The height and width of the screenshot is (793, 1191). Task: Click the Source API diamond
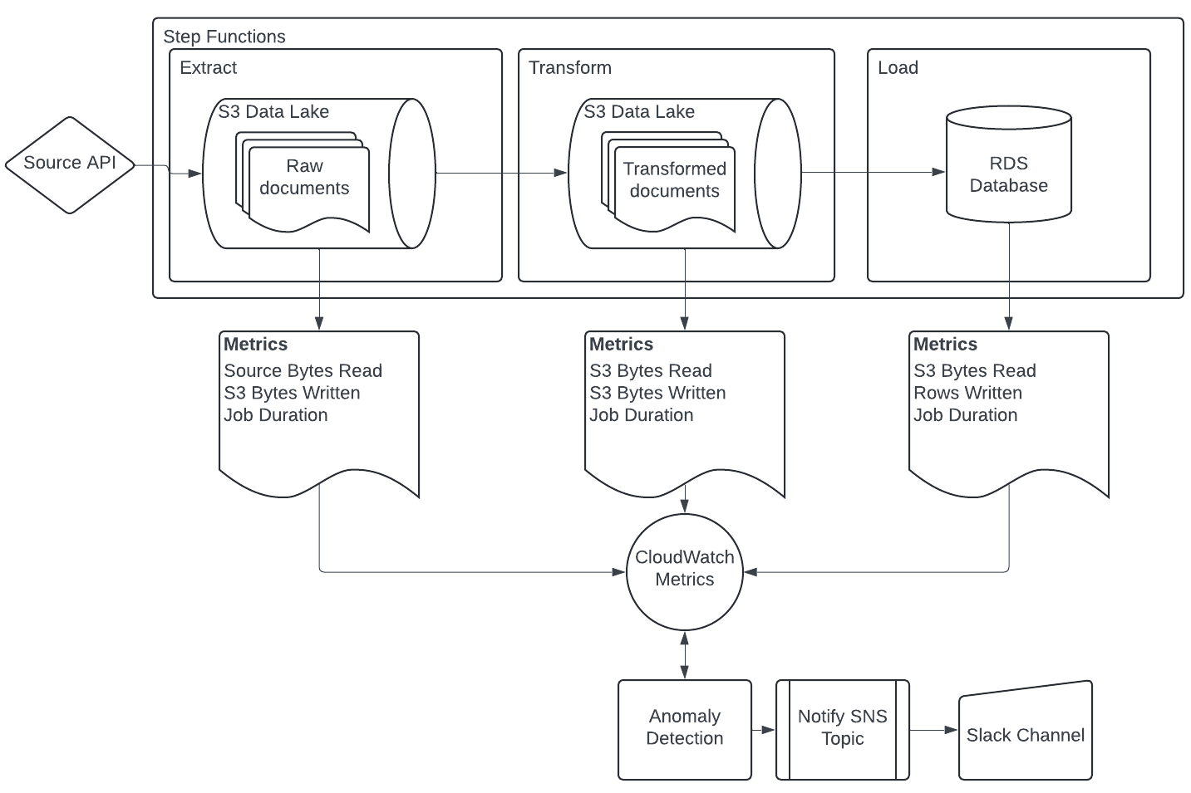[70, 165]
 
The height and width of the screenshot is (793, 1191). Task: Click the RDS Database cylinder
[1009, 164]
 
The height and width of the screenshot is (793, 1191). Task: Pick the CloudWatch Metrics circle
[685, 572]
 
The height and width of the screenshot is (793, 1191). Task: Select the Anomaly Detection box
[685, 730]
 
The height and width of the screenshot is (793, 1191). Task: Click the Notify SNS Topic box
[843, 730]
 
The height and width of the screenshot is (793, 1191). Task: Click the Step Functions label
[224, 37]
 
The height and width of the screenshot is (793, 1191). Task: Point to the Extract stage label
[209, 68]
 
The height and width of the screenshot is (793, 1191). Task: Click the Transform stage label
[570, 68]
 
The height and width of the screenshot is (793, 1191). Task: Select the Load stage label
[898, 68]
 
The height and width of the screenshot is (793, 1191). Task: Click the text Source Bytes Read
[303, 370]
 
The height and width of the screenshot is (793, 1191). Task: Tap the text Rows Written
[967, 393]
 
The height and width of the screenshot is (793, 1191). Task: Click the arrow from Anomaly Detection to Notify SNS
[764, 731]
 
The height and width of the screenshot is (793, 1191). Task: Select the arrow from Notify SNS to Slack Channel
[934, 731]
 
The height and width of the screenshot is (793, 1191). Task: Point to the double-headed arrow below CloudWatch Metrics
[685, 655]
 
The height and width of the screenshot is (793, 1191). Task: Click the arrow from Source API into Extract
[169, 169]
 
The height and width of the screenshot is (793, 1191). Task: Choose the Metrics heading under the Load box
[945, 344]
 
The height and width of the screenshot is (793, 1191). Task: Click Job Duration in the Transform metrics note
[642, 415]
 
